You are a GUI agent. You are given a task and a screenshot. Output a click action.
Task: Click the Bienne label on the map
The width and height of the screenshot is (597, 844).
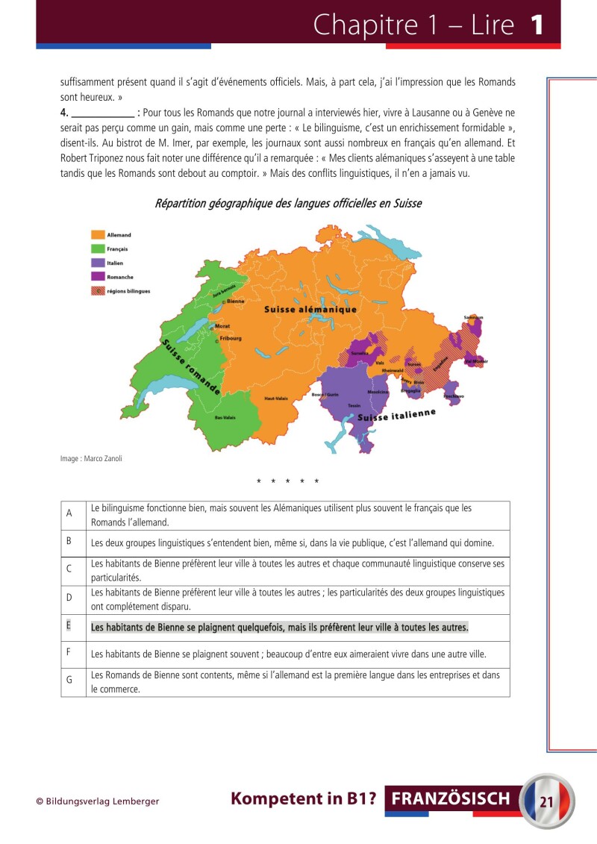coord(235,301)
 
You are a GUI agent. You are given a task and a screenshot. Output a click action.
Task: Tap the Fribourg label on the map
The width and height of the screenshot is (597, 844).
coord(231,338)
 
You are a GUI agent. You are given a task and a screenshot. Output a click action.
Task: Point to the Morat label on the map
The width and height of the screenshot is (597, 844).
coord(222,326)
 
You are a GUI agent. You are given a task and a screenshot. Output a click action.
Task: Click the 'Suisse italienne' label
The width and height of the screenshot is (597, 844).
coord(396,416)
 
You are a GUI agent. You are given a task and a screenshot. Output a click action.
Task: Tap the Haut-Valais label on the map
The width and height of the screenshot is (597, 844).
coord(276,398)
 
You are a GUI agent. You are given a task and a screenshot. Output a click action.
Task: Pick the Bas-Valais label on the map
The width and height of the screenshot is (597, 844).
coord(225,418)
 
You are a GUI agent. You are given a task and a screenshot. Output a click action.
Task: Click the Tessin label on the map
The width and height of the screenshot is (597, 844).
coord(354,404)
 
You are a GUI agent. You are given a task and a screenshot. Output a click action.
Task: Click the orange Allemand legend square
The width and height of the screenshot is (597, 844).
coord(97,235)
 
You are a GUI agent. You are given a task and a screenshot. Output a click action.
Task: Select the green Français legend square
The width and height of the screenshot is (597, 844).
coord(97,248)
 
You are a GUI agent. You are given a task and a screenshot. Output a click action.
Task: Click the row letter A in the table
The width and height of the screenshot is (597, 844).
coord(69,513)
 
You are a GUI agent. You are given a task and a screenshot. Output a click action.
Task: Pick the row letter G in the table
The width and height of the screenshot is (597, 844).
coord(69,681)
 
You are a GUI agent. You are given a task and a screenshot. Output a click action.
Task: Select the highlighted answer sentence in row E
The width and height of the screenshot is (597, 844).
coord(280,628)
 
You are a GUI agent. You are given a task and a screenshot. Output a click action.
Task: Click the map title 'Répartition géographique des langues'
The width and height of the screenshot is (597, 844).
coord(287,203)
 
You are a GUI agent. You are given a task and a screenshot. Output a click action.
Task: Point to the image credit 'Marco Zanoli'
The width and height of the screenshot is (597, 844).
coord(91,459)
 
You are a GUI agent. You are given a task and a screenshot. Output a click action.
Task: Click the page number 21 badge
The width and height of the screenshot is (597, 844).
coord(546,801)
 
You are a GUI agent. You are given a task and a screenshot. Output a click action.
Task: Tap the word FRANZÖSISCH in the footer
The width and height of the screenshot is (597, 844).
coord(451,799)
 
